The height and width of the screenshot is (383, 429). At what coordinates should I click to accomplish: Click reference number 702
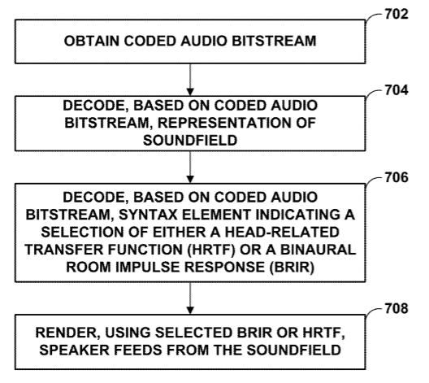tap(396, 14)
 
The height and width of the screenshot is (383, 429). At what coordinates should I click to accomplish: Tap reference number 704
tap(396, 90)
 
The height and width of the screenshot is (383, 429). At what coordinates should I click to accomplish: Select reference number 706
tap(396, 177)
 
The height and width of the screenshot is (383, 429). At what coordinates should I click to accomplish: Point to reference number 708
tap(396, 308)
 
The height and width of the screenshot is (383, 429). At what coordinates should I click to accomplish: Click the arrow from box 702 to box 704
tap(190, 80)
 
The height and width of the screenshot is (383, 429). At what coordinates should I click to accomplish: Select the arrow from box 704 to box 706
tap(190, 167)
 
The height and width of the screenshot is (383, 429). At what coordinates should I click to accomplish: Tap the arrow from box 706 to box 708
tap(190, 298)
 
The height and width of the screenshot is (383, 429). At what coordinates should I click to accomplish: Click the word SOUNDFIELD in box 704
tap(190, 140)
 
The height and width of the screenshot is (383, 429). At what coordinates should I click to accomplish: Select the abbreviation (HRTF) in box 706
tap(211, 250)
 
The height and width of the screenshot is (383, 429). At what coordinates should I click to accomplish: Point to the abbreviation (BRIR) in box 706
tap(292, 268)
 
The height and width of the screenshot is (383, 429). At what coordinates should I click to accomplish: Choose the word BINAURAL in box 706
tap(318, 250)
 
